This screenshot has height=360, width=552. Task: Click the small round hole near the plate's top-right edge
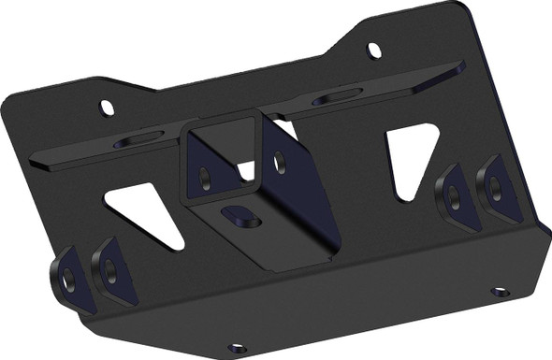coord(374,49)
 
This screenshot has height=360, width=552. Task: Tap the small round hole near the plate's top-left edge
coord(108,107)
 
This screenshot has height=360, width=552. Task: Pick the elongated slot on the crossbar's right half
coord(338,96)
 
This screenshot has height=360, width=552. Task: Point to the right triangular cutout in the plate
coord(409,157)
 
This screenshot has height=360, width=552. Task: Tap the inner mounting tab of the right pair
coord(453,195)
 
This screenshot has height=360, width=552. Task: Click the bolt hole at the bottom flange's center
coord(237,348)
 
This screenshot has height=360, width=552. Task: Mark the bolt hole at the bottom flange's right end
coord(501,292)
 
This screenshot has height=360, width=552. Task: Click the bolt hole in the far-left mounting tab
coord(67,278)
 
